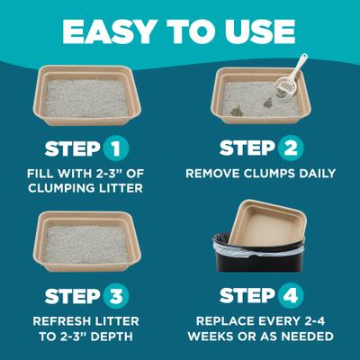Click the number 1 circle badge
coord(114,147)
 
